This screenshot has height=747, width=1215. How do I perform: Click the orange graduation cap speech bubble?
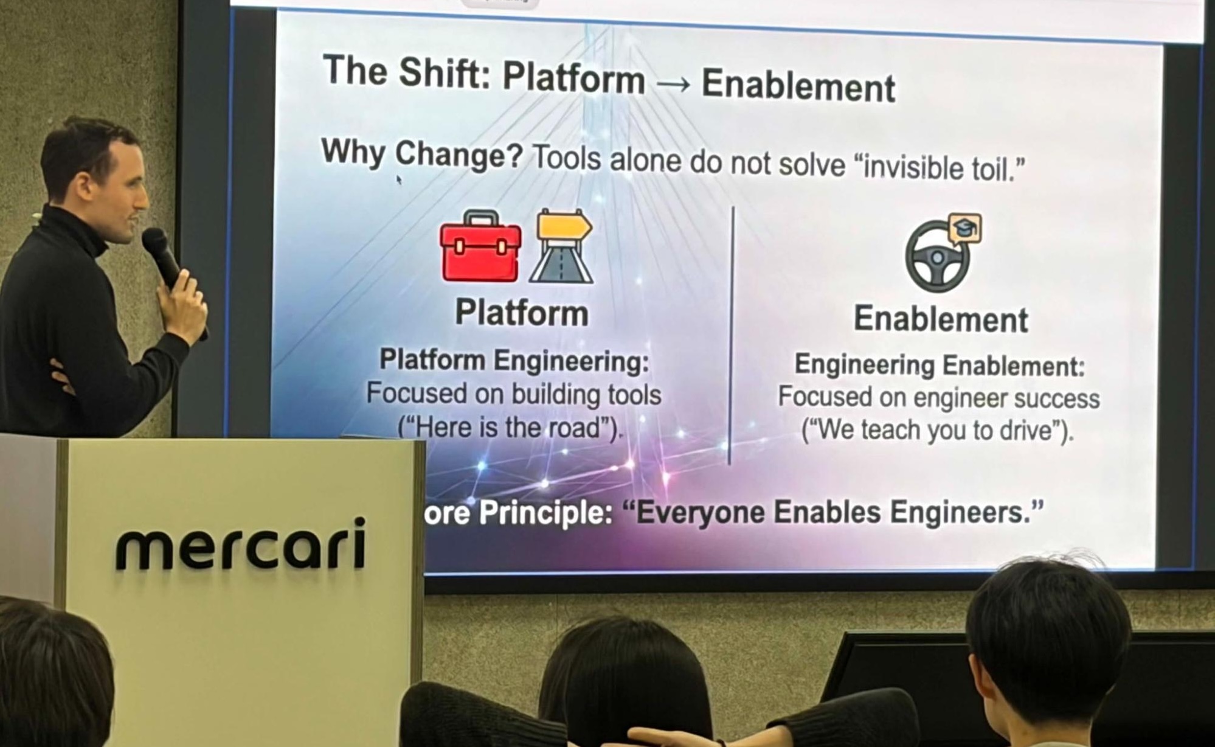click(x=965, y=229)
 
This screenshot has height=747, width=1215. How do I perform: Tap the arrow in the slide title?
click(x=673, y=85)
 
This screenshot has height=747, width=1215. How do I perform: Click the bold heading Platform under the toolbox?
click(x=522, y=313)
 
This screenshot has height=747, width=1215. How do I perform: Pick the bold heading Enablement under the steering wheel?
click(x=940, y=319)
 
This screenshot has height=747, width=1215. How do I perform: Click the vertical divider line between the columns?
click(x=732, y=335)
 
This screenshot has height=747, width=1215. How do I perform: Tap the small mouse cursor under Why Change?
click(x=399, y=179)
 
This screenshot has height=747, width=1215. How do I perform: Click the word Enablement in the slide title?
click(x=798, y=86)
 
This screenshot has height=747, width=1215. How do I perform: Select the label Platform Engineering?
click(x=514, y=361)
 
